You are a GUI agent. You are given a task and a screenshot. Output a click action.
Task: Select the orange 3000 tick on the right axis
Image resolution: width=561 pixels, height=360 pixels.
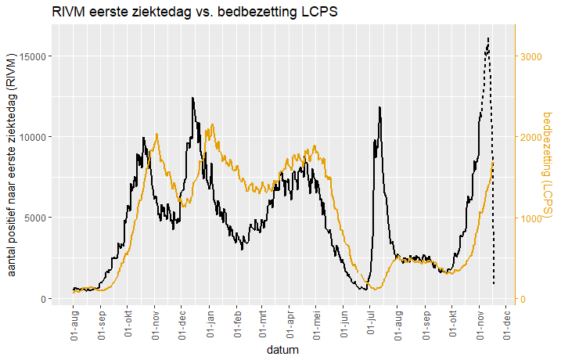[x=532, y=56]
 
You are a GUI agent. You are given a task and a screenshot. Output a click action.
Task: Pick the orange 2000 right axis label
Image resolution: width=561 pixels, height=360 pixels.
[x=532, y=137]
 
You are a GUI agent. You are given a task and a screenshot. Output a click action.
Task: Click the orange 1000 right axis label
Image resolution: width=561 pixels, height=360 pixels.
[x=532, y=218]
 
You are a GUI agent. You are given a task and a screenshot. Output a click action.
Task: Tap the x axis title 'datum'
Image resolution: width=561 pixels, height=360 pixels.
[x=282, y=350]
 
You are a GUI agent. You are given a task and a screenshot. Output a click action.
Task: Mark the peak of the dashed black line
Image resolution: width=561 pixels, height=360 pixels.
[x=488, y=37]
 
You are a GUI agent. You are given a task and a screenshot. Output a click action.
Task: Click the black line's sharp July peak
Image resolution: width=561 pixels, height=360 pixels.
[x=379, y=107]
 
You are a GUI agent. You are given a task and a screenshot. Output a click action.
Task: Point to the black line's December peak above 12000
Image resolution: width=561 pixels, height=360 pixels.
[x=192, y=98]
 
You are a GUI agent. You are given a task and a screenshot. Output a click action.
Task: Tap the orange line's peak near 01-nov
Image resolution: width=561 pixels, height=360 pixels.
[x=157, y=134]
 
